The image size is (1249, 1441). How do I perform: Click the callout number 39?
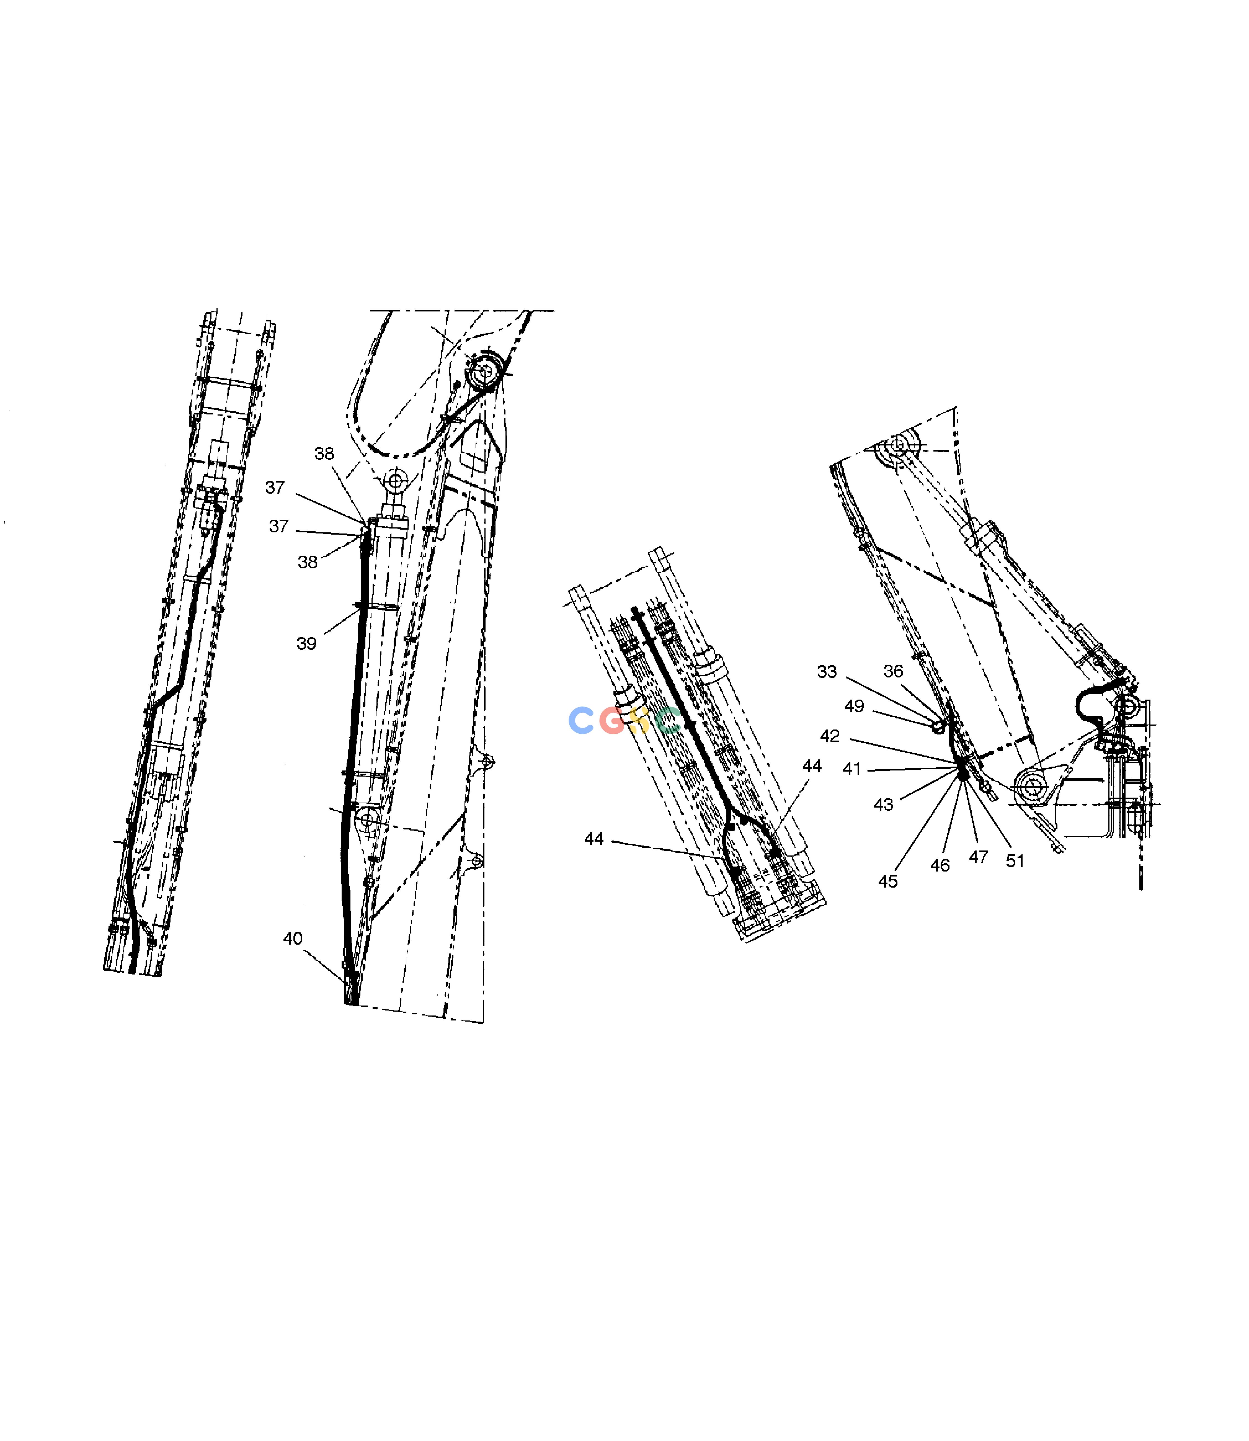tap(307, 643)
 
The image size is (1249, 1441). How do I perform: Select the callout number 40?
tap(293, 938)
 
